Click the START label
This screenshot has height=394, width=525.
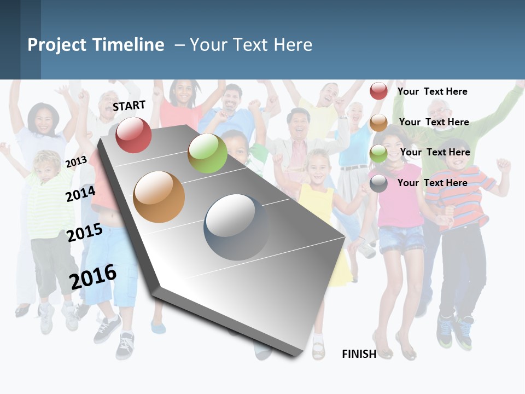pyautogui.click(x=129, y=106)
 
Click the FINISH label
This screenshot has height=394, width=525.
pyautogui.click(x=359, y=354)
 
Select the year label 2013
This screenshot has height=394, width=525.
pyautogui.click(x=76, y=161)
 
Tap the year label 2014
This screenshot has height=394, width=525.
pyautogui.click(x=80, y=194)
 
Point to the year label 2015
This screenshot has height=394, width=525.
pyautogui.click(x=85, y=233)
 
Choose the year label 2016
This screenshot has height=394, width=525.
pyautogui.click(x=93, y=276)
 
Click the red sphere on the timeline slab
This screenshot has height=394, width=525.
pyautogui.click(x=133, y=135)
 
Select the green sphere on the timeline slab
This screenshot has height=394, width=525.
pyautogui.click(x=207, y=153)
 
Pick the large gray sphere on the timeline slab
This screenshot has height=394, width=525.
pyautogui.click(x=236, y=227)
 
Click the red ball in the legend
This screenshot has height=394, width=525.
pyautogui.click(x=378, y=91)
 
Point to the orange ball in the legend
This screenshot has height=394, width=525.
pyautogui.click(x=378, y=123)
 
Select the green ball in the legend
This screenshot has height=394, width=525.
pyautogui.click(x=378, y=153)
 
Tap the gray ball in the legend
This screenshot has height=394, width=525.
pyautogui.click(x=378, y=183)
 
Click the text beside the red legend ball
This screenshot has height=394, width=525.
pyautogui.click(x=432, y=91)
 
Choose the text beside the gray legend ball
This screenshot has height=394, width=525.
pyautogui.click(x=432, y=183)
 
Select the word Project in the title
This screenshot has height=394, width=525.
pyautogui.click(x=57, y=45)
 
